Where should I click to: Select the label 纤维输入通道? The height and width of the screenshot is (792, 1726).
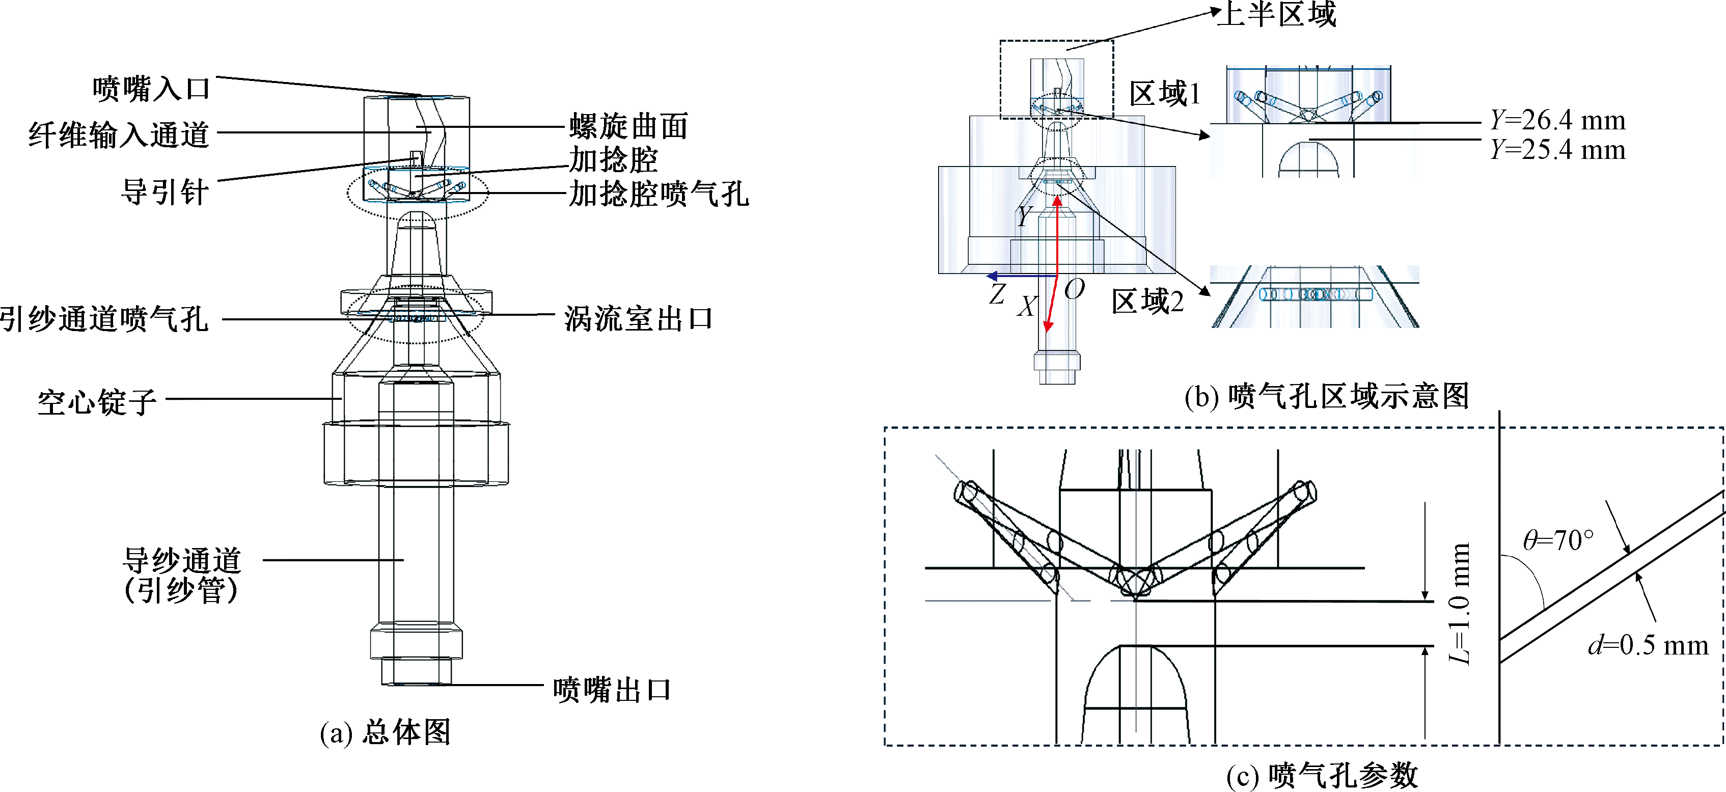tap(119, 134)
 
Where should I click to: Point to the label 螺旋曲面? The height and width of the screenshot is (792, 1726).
tap(628, 126)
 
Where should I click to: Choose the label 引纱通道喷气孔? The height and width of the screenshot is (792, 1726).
tap(104, 319)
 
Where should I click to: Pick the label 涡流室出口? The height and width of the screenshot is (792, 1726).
tap(638, 319)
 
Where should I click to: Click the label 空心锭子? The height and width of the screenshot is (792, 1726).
tap(97, 402)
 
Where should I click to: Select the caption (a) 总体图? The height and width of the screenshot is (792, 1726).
tap(385, 732)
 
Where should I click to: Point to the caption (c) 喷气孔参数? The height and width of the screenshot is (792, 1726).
tap(1321, 775)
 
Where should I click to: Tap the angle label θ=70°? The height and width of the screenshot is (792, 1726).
tap(1558, 540)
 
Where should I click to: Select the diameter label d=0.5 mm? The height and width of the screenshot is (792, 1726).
tap(1648, 645)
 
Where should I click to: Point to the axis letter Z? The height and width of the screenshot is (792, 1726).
tap(997, 293)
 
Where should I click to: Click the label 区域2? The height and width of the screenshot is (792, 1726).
tap(1147, 302)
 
